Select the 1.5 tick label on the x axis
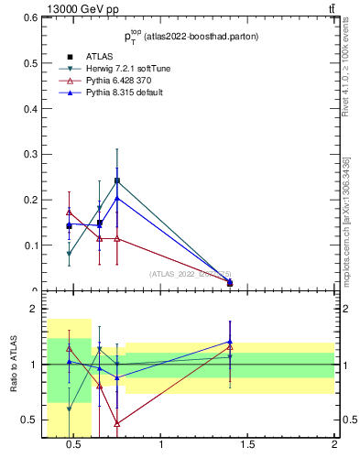pos(247,447)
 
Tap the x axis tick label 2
pos(333,447)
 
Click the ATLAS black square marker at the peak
pos(117,180)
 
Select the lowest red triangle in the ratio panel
pos(117,423)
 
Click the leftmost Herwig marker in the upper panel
pos(70,255)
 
